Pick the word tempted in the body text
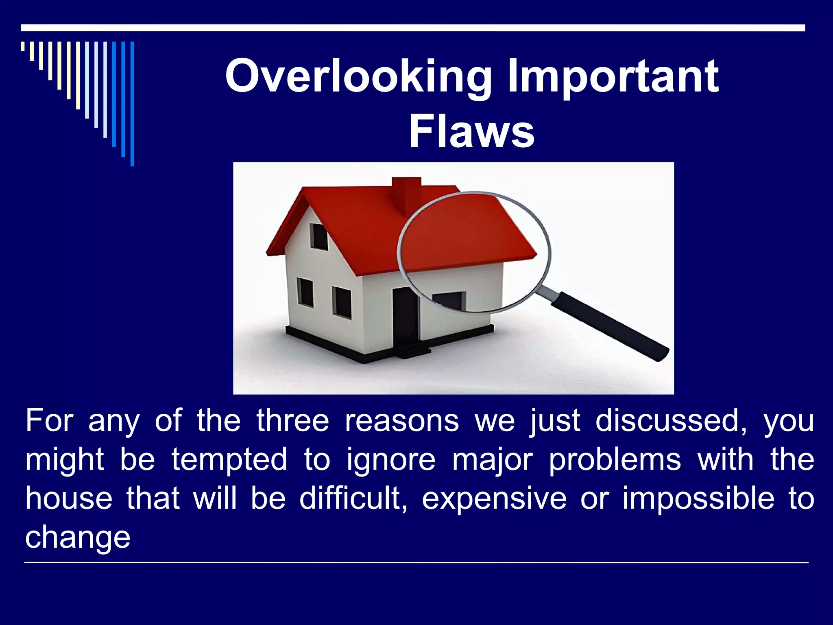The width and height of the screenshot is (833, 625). pos(229,460)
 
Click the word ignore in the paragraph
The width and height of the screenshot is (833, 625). pos(391,460)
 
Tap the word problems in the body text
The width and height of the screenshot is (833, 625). pos(615,460)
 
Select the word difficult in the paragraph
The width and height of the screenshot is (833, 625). pos(353,498)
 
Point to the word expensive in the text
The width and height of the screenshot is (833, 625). pos(494,499)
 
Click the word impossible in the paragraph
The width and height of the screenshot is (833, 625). pos(698,498)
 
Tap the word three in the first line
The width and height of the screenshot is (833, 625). pos(292,421)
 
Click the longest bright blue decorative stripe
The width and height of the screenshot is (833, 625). pos(132,104)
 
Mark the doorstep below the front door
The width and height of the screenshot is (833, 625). pos(413,351)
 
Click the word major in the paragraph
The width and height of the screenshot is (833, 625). pos(492,460)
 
